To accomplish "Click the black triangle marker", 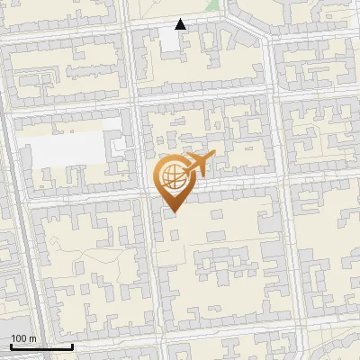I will pos(181,24).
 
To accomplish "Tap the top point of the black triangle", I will pos(181,19).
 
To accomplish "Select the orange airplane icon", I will pos(199,165).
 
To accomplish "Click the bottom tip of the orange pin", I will pos(172,212).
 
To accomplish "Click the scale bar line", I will pos(41,346).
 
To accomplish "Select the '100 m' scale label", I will pos(23,338).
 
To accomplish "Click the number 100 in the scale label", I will pos(20,338).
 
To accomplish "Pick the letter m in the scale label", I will pos(32,338).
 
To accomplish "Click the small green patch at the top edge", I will pos(212,4).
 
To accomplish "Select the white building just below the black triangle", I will pos(171,40).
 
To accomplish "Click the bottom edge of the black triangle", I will pos(181,29).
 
